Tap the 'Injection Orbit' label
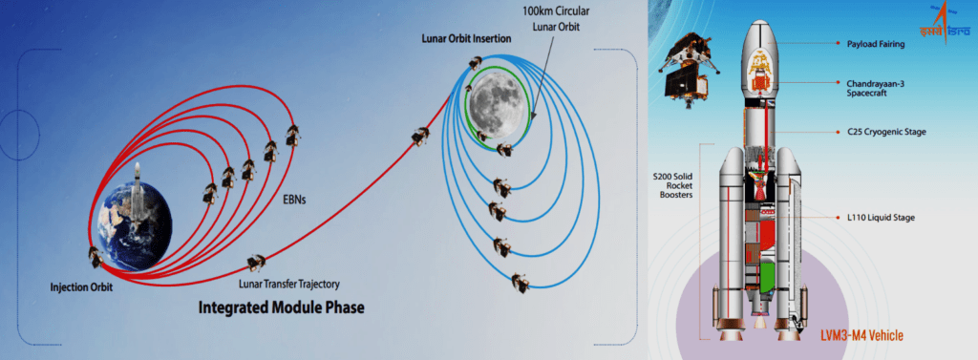coord(82,288)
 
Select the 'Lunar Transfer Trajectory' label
coord(288,285)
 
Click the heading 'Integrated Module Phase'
coord(281,307)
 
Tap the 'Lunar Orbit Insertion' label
coord(466,39)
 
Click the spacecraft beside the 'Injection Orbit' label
coord(96,257)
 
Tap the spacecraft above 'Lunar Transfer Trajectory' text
coord(256,263)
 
